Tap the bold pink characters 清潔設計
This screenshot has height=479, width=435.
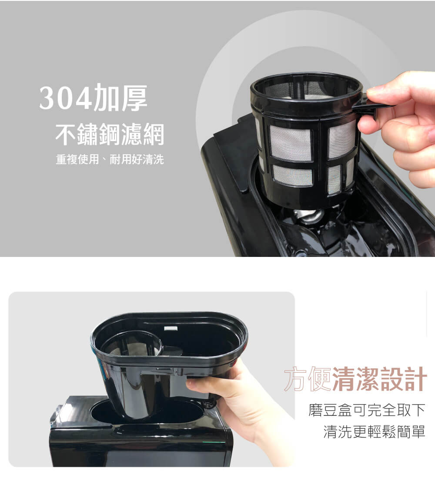point(379,379)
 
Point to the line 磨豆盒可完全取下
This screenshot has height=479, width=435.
point(367,410)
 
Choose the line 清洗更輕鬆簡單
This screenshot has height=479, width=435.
point(374,432)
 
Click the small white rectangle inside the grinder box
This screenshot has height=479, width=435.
point(171,328)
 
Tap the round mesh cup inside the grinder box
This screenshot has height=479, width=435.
point(132,344)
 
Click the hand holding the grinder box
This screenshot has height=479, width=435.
point(241,403)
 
